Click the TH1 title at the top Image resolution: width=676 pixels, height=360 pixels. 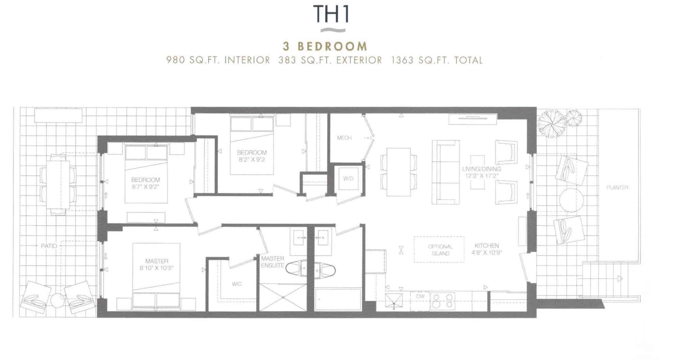tap(331, 14)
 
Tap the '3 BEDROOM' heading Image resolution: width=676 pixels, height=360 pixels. tap(325, 46)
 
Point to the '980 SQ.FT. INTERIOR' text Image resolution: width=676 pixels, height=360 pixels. tap(218, 60)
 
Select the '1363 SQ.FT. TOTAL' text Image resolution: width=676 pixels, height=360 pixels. tap(437, 60)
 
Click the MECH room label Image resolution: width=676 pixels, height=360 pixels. tap(344, 138)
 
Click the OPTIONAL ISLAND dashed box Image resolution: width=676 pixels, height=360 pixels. tap(439, 250)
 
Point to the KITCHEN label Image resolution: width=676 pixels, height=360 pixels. tap(487, 246)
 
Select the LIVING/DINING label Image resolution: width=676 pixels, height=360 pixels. tap(481, 169)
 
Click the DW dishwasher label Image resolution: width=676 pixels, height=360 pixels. tap(420, 296)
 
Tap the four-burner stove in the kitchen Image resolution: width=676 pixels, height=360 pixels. tap(443, 301)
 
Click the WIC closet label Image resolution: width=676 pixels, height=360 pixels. tap(237, 284)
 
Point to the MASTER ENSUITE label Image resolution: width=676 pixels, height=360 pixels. tap(273, 262)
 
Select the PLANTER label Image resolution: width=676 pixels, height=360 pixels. tap(617, 188)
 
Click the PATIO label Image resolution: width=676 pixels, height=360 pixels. tap(49, 246)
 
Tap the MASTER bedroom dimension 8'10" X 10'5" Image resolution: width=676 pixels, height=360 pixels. tap(157, 268)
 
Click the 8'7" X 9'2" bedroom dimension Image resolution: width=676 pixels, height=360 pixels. tap(145, 187)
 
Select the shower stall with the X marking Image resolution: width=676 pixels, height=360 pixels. tap(283, 297)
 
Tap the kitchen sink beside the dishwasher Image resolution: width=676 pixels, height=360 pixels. tap(394, 301)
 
